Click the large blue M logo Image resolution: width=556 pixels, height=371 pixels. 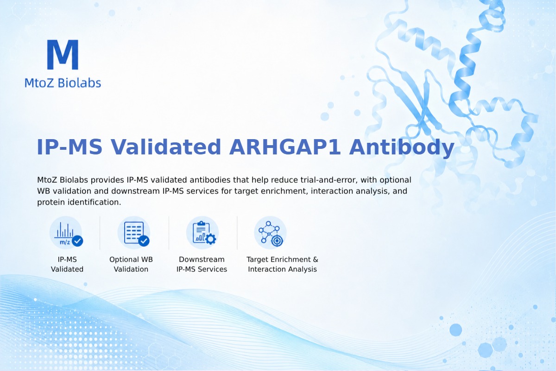pyautogui.click(x=63, y=54)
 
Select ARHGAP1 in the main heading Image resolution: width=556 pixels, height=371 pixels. pyautogui.click(x=284, y=147)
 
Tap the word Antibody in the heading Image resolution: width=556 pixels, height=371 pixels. pyautogui.click(x=401, y=148)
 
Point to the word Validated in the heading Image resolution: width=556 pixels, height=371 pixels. pyautogui.click(x=165, y=147)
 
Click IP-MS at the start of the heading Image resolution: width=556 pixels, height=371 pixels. pyautogui.click(x=69, y=147)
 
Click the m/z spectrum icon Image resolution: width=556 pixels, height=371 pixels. pyautogui.click(x=66, y=233)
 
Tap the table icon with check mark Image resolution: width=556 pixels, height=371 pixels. pyautogui.click(x=134, y=233)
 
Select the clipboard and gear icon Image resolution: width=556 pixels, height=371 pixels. pyautogui.click(x=202, y=233)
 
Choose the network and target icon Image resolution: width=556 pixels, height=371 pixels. pyautogui.click(x=270, y=233)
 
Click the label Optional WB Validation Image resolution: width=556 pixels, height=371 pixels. pyautogui.click(x=131, y=264)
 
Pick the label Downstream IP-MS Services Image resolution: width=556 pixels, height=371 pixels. pyautogui.click(x=202, y=264)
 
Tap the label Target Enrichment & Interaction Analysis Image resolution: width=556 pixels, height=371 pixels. pyautogui.click(x=283, y=264)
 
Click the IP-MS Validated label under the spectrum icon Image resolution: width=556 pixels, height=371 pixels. pyautogui.click(x=67, y=264)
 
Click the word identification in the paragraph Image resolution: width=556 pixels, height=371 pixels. pyautogui.click(x=95, y=202)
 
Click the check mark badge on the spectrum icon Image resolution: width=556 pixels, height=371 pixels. pyautogui.click(x=77, y=241)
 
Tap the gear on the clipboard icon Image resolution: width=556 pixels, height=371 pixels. pyautogui.click(x=211, y=239)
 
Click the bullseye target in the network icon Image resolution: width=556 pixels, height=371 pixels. pyautogui.click(x=277, y=241)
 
